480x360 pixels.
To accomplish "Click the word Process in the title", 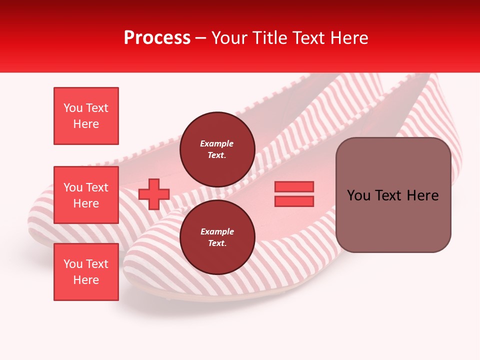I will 157,38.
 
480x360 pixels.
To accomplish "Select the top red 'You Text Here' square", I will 86,116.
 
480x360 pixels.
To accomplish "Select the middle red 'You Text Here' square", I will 86,195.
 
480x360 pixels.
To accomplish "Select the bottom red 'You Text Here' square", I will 86,272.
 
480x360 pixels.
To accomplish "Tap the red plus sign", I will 154,194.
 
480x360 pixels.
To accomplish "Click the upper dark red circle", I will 217,149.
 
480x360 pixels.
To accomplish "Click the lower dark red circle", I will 217,237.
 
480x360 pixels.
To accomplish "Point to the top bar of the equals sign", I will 294,187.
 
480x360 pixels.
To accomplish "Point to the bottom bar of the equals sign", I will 294,201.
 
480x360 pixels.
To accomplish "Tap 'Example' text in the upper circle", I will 217,144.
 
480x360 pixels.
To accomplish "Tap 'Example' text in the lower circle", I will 217,232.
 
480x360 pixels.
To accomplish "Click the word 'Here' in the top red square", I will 86,124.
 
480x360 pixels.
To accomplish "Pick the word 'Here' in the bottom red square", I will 86,280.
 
